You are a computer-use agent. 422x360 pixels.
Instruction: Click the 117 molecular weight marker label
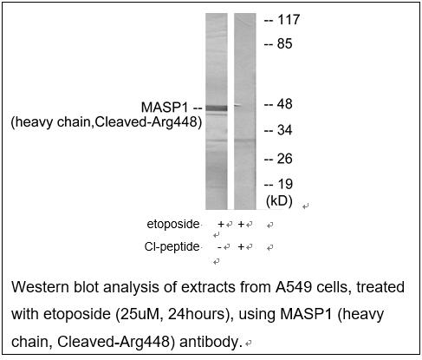coord(289,20)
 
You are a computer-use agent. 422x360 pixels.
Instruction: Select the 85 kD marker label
coord(285,43)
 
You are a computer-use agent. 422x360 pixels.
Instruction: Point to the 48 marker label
coord(285,104)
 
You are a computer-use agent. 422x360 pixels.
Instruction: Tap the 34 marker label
coord(285,130)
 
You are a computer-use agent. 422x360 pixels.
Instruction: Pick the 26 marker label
coord(285,159)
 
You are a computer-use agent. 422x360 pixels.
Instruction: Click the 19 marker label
coord(285,184)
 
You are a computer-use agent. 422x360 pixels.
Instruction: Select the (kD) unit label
coord(279,200)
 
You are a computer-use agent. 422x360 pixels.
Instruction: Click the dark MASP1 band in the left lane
coord(217,108)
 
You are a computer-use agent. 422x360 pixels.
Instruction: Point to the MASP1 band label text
coord(165,108)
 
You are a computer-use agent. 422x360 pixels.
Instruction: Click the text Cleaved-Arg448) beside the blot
coord(148,122)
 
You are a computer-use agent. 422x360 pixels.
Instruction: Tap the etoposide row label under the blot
coord(173,224)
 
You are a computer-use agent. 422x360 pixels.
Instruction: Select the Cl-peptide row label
coord(172,246)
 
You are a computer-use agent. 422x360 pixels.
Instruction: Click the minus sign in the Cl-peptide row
coord(219,247)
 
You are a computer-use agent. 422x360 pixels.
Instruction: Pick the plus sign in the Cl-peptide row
coord(241,246)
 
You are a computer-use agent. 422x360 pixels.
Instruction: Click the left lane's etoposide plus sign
coord(221,224)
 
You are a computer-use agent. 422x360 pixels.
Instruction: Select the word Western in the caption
coord(41,287)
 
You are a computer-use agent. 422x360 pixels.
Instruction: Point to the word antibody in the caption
coord(210,342)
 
